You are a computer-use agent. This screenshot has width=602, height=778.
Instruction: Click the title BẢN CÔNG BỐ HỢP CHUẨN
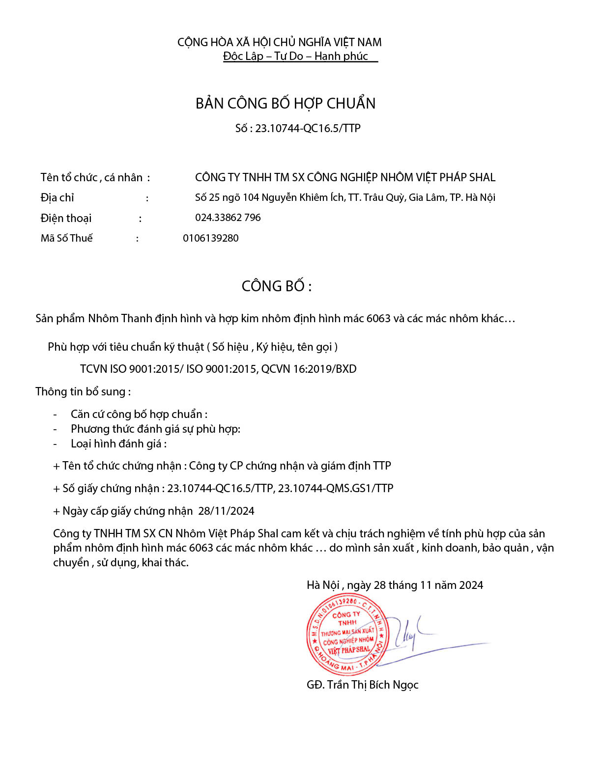(x=286, y=103)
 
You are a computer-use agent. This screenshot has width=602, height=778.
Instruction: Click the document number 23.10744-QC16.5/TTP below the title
(x=308, y=128)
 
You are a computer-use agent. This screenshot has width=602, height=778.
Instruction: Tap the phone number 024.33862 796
(x=228, y=218)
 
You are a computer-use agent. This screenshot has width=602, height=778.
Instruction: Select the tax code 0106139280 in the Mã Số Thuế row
(x=211, y=238)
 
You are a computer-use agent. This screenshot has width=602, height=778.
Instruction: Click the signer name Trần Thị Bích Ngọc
(x=373, y=685)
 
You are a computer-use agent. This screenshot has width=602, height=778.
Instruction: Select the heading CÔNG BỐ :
(x=277, y=286)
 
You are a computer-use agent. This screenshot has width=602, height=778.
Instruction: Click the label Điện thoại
(x=66, y=218)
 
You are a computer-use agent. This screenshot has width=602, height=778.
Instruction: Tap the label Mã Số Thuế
(x=67, y=238)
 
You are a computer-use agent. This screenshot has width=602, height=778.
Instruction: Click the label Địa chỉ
(x=57, y=197)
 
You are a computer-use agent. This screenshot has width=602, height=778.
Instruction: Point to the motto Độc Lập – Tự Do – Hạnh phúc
(x=295, y=56)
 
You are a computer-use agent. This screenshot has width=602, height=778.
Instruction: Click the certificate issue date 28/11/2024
(x=227, y=511)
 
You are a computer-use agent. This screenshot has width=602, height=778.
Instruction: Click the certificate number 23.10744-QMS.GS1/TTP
(x=336, y=488)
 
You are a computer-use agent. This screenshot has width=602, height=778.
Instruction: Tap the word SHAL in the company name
(x=482, y=177)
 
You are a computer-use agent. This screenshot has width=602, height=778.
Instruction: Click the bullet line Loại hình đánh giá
(x=118, y=444)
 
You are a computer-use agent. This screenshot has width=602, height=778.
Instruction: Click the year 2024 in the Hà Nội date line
(x=471, y=585)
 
